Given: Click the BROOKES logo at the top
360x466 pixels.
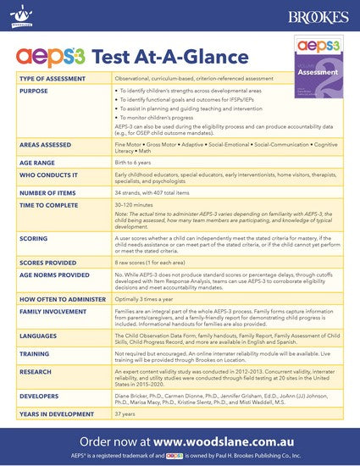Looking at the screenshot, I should [x=318, y=15].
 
